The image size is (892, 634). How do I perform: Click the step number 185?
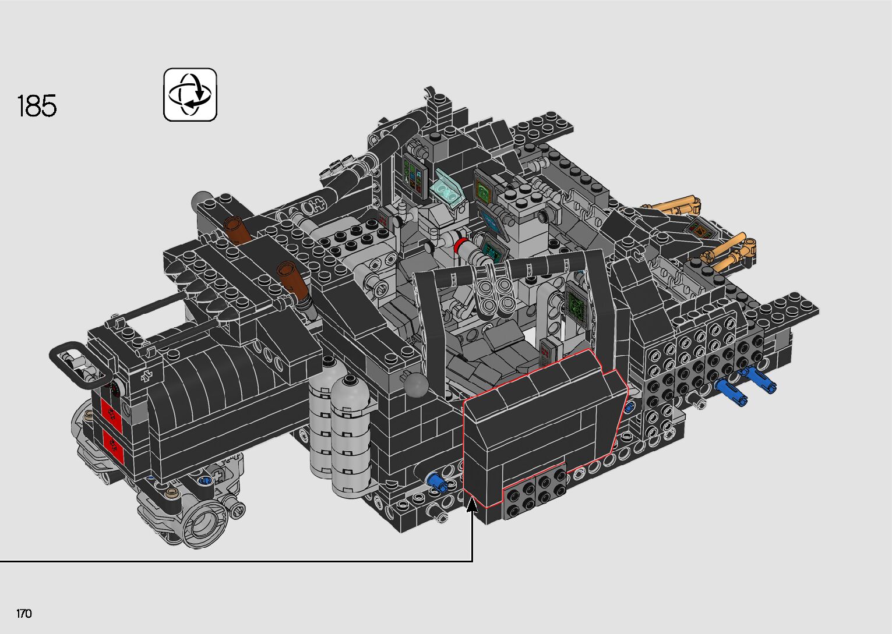[x=37, y=106]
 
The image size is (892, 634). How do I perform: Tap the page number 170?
[x=24, y=613]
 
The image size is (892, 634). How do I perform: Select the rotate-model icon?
[x=190, y=95]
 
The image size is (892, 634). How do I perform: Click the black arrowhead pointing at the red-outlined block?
[x=473, y=505]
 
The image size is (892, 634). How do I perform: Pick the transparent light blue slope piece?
[x=449, y=189]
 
